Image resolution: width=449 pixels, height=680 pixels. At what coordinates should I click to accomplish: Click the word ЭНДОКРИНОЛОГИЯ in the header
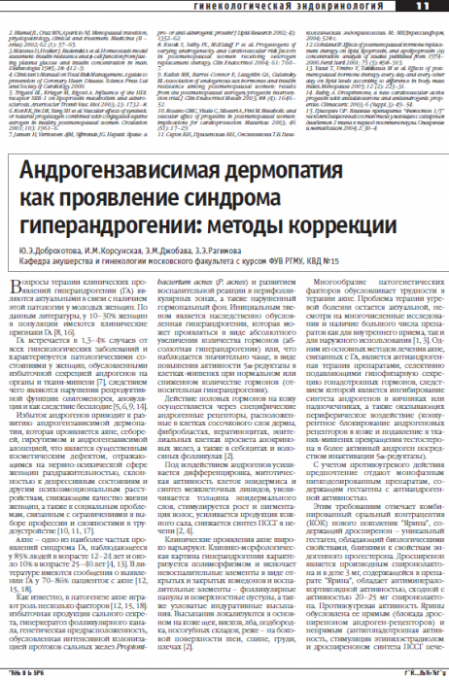click(349, 7)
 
